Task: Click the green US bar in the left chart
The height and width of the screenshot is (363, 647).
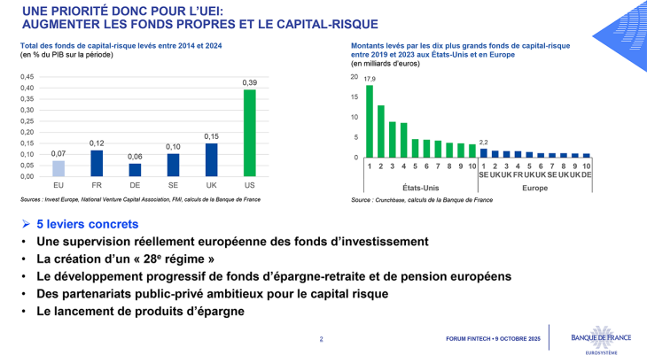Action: [250, 133]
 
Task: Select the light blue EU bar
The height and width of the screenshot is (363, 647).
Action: [58, 168]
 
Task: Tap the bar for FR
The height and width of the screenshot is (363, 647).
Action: [97, 163]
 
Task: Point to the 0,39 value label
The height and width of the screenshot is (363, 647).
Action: [250, 82]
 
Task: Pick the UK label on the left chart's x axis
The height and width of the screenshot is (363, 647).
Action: [212, 185]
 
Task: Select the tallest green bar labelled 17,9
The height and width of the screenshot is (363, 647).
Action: [370, 121]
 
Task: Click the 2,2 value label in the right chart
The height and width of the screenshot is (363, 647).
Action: [483, 143]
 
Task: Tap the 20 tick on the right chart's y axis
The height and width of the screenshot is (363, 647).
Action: [355, 77]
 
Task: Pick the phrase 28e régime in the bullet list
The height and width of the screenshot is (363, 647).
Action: [182, 259]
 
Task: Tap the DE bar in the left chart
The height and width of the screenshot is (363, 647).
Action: [135, 170]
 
